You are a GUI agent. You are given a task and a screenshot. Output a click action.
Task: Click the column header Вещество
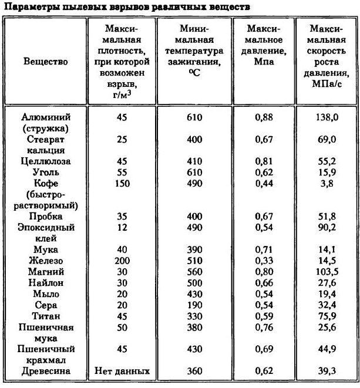pos(46,61)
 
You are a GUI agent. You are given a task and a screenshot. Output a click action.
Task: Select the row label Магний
pos(46,272)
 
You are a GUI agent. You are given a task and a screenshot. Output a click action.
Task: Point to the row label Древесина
pos(46,371)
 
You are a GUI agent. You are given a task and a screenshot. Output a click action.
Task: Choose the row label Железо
pos(46,261)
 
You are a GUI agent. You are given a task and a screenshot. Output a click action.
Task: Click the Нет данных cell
pos(122,371)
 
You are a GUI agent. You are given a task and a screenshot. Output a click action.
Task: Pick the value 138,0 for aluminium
pos(328,117)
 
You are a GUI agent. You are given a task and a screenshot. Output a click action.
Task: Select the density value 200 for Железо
pos(122,261)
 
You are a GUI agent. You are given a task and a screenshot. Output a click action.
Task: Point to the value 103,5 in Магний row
pos(328,272)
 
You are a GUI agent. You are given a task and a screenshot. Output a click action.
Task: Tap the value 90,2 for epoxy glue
pos(328,228)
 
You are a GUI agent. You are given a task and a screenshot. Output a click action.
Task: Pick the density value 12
pos(122,228)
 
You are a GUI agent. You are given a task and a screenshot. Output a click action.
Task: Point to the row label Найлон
pos(46,283)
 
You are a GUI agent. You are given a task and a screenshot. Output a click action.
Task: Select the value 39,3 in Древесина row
pos(328,371)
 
